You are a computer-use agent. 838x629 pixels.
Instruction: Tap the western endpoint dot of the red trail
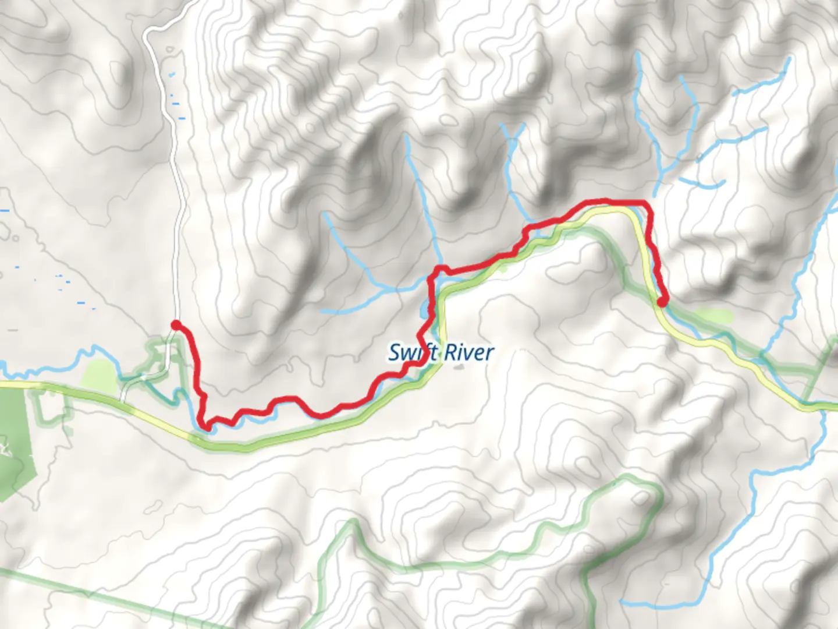[175, 324]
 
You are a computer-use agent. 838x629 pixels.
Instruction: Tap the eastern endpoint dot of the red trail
[662, 301]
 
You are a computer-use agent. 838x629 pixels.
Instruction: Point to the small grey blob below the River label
[459, 367]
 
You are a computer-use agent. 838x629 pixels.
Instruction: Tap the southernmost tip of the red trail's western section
[205, 430]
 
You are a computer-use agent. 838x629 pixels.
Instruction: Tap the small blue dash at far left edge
[5, 210]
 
